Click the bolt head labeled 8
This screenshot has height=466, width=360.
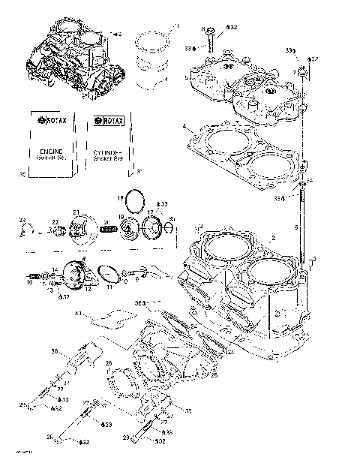pyautogui.click(x=209, y=32)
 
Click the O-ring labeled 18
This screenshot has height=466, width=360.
pyautogui.click(x=135, y=200)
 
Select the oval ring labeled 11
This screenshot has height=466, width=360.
pyautogui.click(x=110, y=273)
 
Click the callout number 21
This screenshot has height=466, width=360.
pyautogui.click(x=76, y=212)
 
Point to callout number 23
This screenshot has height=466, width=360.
pyautogui.click(x=22, y=219)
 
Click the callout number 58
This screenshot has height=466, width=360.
pyautogui.click(x=55, y=351)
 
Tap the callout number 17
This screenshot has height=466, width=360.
pyautogui.click(x=149, y=213)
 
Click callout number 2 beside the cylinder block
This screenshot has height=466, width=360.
pyautogui.click(x=274, y=238)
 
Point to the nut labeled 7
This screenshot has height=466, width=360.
pyautogui.click(x=301, y=72)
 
